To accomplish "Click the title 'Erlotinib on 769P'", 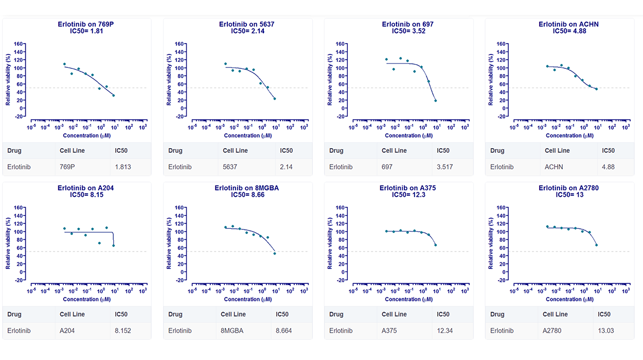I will pyautogui.click(x=86, y=24).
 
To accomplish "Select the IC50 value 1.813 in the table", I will pyautogui.click(x=123, y=167).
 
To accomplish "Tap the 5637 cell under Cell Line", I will pyautogui.click(x=229, y=167).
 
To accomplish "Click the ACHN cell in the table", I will pyautogui.click(x=553, y=167).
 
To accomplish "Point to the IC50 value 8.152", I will pyautogui.click(x=123, y=331).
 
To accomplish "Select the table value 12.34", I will pyautogui.click(x=445, y=331).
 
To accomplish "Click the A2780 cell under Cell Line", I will pyautogui.click(x=553, y=331).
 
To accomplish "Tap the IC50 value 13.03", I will pyautogui.click(x=606, y=331).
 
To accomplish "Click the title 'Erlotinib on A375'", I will pyautogui.click(x=407, y=188).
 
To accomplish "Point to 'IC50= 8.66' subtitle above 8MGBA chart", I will pyautogui.click(x=247, y=195).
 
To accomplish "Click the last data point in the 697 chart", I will pyautogui.click(x=436, y=101).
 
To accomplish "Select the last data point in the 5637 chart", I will pyautogui.click(x=275, y=99).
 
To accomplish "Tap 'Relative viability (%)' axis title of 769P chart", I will pyautogui.click(x=8, y=79).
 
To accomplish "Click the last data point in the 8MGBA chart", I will pyautogui.click(x=275, y=254).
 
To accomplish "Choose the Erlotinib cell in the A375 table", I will pyautogui.click(x=341, y=331).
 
